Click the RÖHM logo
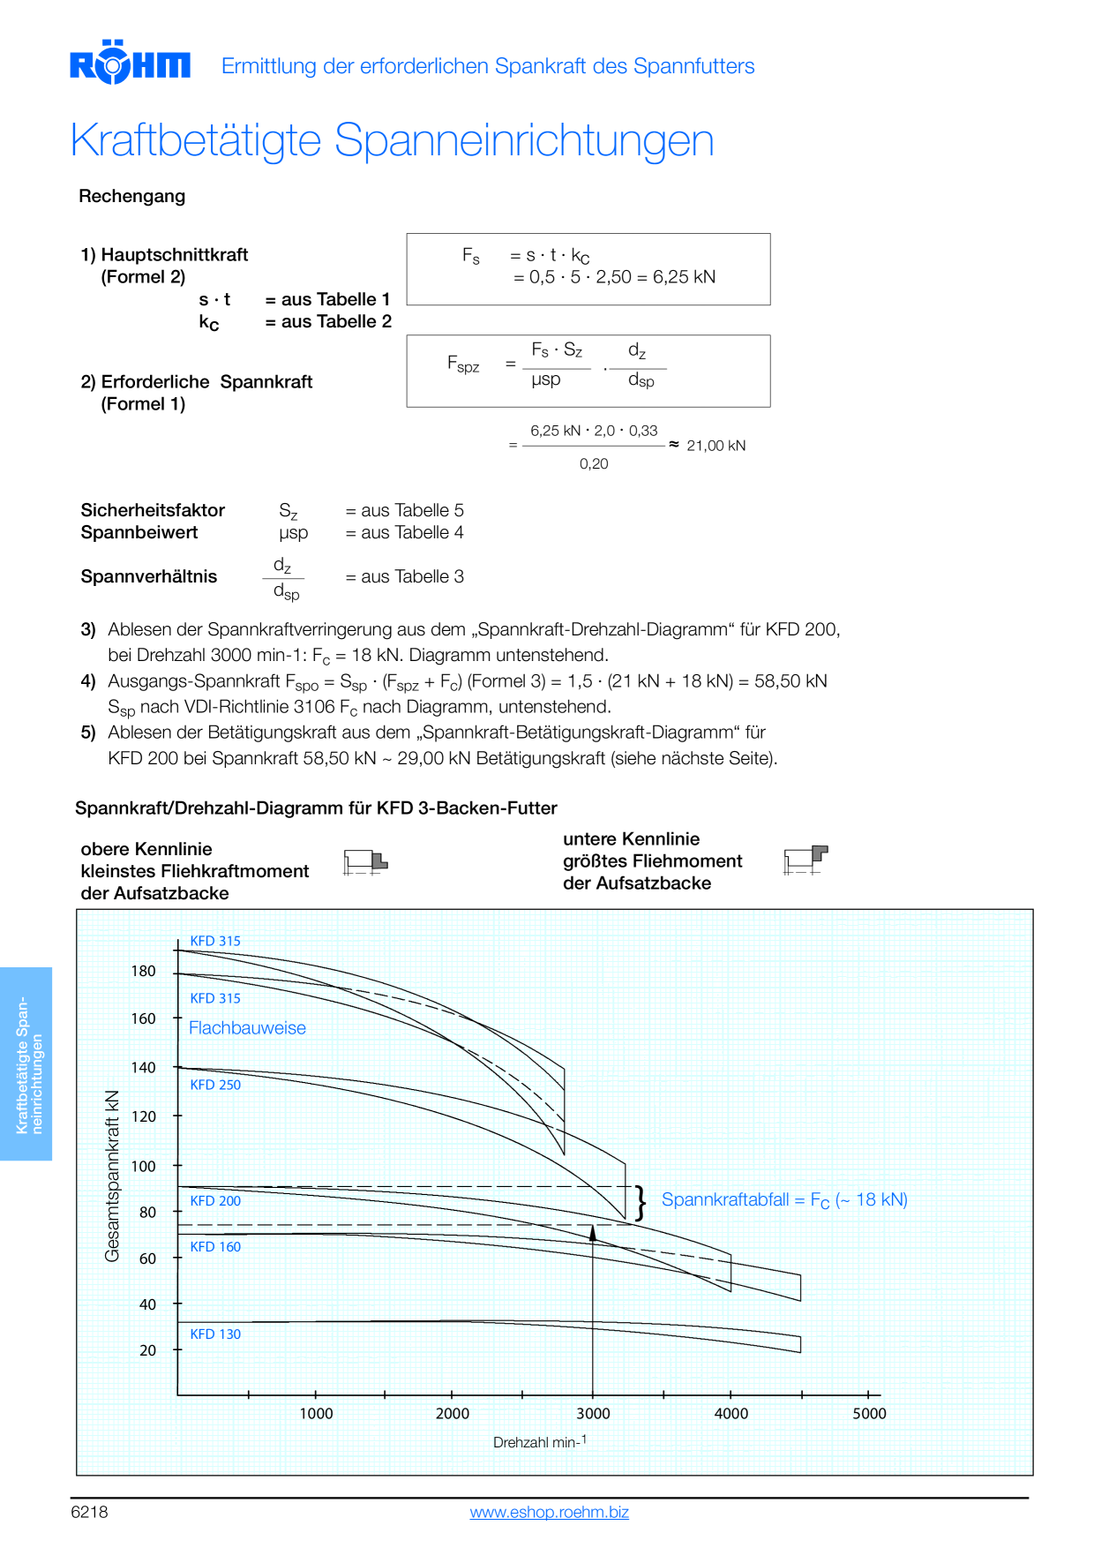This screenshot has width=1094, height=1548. point(130,63)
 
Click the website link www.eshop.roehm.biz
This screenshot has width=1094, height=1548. point(549,1512)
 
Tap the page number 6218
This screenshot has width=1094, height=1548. point(89,1512)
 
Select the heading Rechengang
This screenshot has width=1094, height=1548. point(132,196)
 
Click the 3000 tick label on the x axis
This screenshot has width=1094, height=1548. point(593,1413)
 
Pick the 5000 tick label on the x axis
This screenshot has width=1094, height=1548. point(869,1413)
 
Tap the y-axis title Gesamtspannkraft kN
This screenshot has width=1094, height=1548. point(112,1176)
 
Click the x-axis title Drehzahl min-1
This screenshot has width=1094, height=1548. point(540,1441)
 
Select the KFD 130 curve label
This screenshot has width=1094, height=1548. point(215,1334)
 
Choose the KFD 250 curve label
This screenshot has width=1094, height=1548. point(215,1085)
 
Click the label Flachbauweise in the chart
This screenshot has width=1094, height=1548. point(247,1028)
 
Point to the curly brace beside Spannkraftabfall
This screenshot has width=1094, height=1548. point(641,1203)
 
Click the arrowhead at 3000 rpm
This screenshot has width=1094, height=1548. point(593,1232)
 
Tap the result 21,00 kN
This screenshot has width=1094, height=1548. point(716,446)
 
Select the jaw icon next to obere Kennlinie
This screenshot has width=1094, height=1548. point(365,862)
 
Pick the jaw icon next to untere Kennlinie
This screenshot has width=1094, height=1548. point(806,860)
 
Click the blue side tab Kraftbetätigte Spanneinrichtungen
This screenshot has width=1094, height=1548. point(26,1063)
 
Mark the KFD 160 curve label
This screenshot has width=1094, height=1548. point(215,1246)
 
